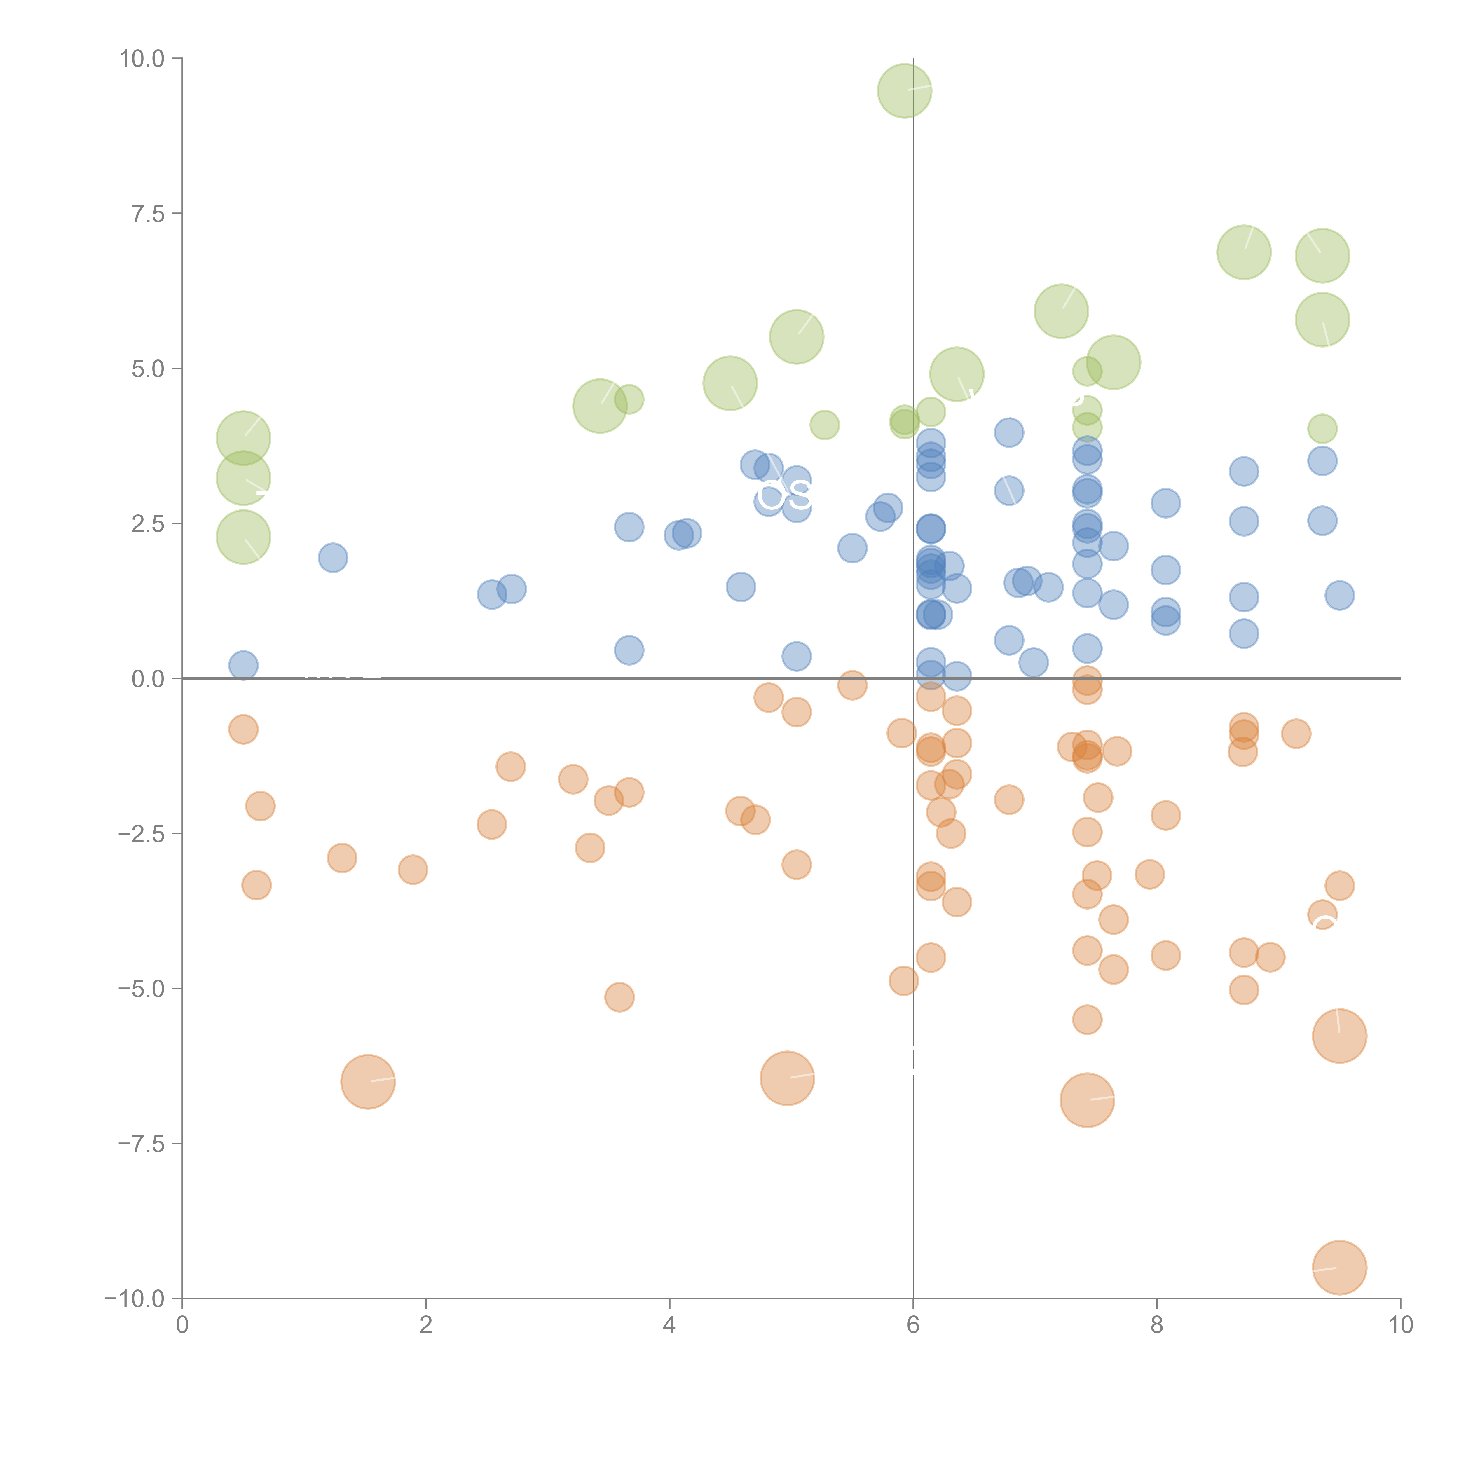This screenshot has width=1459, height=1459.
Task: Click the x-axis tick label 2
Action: pos(426,1325)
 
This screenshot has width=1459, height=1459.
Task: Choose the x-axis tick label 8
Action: pos(1157,1325)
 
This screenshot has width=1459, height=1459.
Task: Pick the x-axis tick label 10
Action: pos(1400,1325)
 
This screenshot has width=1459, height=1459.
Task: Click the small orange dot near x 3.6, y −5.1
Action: pos(619,997)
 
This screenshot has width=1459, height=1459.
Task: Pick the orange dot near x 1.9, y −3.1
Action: pos(412,869)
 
